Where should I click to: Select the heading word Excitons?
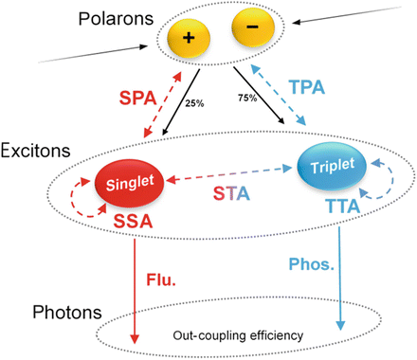[35, 152]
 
